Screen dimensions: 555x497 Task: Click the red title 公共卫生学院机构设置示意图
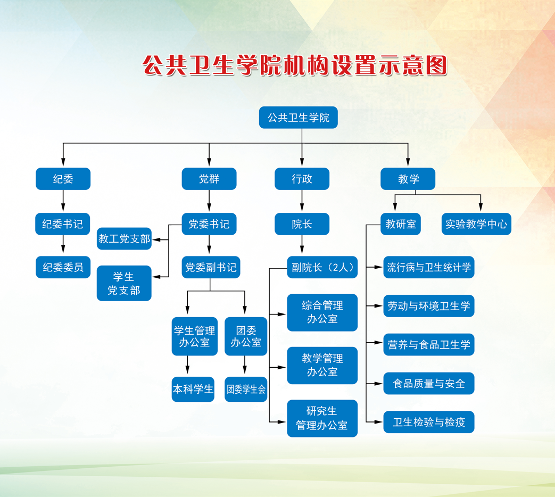click(294, 65)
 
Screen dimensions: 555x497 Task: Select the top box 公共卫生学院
click(299, 118)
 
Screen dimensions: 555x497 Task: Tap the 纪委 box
click(63, 179)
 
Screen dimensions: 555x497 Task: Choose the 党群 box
click(209, 179)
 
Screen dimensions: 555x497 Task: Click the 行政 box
click(302, 179)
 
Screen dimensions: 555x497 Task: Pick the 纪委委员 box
click(63, 267)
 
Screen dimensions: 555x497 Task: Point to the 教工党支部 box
click(124, 238)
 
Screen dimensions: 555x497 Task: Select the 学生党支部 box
click(124, 283)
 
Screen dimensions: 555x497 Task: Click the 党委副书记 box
click(211, 267)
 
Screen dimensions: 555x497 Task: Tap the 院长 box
click(302, 223)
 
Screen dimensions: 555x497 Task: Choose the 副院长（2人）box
click(322, 267)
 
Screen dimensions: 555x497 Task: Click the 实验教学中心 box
click(476, 223)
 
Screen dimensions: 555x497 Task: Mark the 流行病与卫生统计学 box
click(429, 267)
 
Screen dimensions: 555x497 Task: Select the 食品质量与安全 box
click(429, 383)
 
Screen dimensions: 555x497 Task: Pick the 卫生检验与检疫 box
click(429, 422)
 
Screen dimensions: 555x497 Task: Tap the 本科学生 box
click(193, 390)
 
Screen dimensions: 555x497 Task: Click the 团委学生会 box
click(246, 390)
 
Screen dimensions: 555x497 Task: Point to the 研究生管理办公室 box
click(322, 418)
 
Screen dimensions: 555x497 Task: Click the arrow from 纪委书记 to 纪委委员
click(63, 244)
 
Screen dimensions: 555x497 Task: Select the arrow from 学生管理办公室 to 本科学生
click(187, 365)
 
